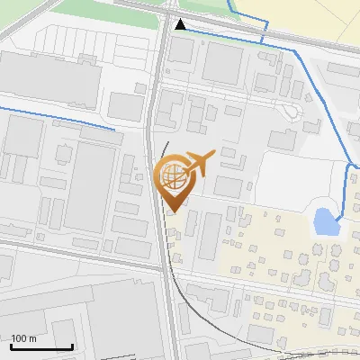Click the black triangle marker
point(181,24)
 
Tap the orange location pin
point(174,180)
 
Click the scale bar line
point(41,347)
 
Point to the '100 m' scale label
point(23,338)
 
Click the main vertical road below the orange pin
point(166,270)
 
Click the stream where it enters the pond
point(336,217)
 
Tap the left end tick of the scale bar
point(11,346)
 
